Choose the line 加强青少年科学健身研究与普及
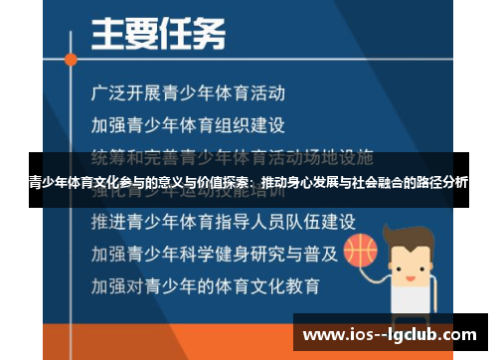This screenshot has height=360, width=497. coord(214,252)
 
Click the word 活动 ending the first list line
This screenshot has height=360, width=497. coord(269,93)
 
